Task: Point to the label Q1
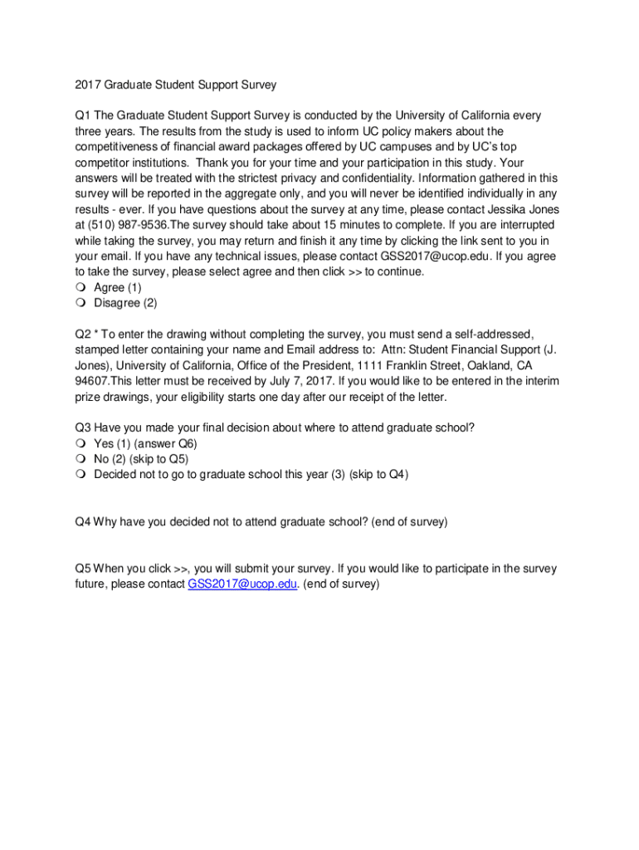(x=82, y=115)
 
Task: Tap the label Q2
(x=82, y=334)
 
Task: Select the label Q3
(x=82, y=427)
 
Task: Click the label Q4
(x=82, y=521)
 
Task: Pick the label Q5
(x=82, y=569)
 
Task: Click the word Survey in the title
(x=256, y=84)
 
